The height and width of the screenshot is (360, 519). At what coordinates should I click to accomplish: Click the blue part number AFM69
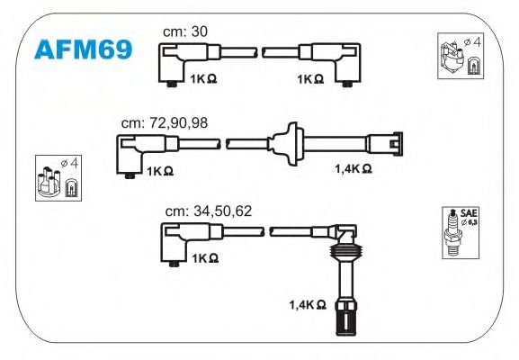[84, 49]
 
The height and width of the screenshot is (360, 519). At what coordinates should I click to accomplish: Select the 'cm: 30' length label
[185, 31]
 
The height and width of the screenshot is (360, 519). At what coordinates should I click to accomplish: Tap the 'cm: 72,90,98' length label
[165, 123]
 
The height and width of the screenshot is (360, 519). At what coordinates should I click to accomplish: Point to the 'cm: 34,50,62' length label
[209, 211]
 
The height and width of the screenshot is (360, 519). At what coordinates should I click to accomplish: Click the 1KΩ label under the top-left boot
[203, 79]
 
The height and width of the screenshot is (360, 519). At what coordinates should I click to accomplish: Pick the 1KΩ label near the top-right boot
[310, 79]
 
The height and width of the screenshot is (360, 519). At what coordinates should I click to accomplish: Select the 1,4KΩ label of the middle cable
[353, 168]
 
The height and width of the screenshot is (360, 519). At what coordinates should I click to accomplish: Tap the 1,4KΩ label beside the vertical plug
[308, 304]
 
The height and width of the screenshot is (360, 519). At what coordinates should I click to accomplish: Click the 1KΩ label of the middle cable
[160, 171]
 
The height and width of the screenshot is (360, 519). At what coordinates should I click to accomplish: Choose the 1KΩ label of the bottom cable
[205, 258]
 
